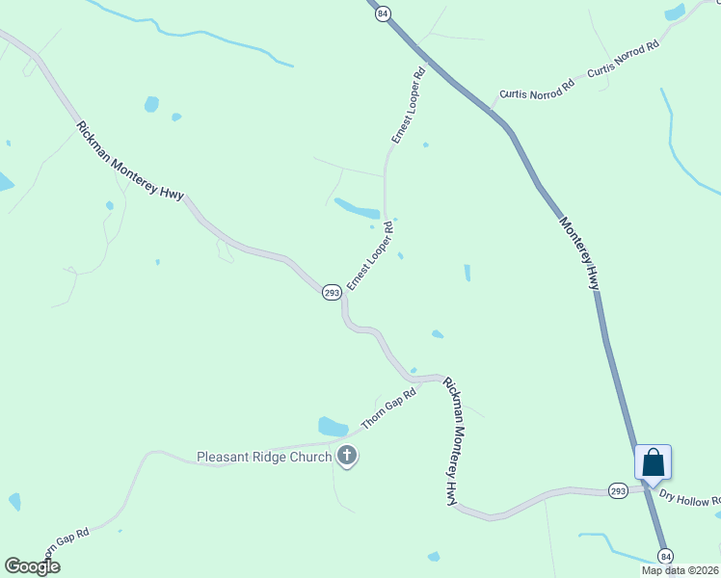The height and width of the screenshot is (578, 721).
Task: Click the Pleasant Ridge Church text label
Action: [264, 457]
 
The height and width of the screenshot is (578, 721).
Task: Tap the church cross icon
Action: [347, 457]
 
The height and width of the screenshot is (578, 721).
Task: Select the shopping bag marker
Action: [653, 462]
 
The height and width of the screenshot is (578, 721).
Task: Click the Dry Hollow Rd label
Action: [689, 498]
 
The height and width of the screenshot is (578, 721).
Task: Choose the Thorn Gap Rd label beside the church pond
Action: [388, 409]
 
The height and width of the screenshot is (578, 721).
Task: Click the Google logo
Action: [32, 566]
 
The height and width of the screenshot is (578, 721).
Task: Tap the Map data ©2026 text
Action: [680, 570]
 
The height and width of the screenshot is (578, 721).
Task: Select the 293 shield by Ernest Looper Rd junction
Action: [331, 293]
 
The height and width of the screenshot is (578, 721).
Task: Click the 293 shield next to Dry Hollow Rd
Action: [618, 490]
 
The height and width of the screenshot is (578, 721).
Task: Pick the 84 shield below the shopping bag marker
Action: [665, 556]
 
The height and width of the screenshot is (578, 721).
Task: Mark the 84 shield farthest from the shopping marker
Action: [384, 13]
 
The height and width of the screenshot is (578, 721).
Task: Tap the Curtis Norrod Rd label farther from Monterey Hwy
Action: [624, 58]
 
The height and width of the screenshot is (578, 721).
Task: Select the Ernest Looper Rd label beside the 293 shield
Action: [370, 255]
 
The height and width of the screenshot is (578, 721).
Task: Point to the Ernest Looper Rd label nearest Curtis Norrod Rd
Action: [408, 106]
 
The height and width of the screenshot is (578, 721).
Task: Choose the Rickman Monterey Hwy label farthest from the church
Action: [130, 161]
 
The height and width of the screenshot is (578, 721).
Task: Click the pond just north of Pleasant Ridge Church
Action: [334, 426]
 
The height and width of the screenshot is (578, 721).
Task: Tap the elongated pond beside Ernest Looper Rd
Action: [357, 208]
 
